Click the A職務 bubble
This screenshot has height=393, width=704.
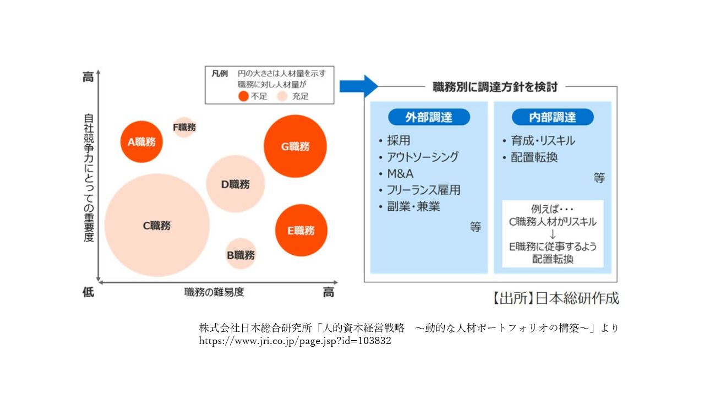(x=141, y=142)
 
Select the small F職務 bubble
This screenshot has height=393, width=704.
(x=184, y=127)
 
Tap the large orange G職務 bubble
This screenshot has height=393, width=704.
(x=295, y=146)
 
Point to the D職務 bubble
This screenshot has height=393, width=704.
(x=235, y=184)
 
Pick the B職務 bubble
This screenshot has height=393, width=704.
(x=241, y=254)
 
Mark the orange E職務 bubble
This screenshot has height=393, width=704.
(x=301, y=230)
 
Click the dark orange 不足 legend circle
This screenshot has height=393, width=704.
(x=244, y=96)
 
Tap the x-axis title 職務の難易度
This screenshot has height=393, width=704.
(x=214, y=292)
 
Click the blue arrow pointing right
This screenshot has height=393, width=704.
(x=358, y=86)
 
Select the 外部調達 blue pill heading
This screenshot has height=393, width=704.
(x=429, y=117)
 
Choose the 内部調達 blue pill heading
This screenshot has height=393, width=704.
(x=553, y=117)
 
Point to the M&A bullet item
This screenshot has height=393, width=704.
(x=400, y=174)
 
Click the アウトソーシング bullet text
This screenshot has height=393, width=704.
(x=422, y=157)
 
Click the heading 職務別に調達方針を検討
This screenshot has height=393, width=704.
(x=495, y=87)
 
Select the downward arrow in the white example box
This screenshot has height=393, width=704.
(x=553, y=234)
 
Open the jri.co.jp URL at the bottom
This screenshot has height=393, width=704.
(x=295, y=341)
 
